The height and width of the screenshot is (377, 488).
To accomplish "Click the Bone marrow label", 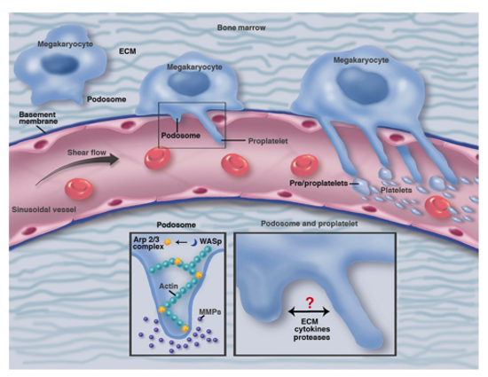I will [242, 28].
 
